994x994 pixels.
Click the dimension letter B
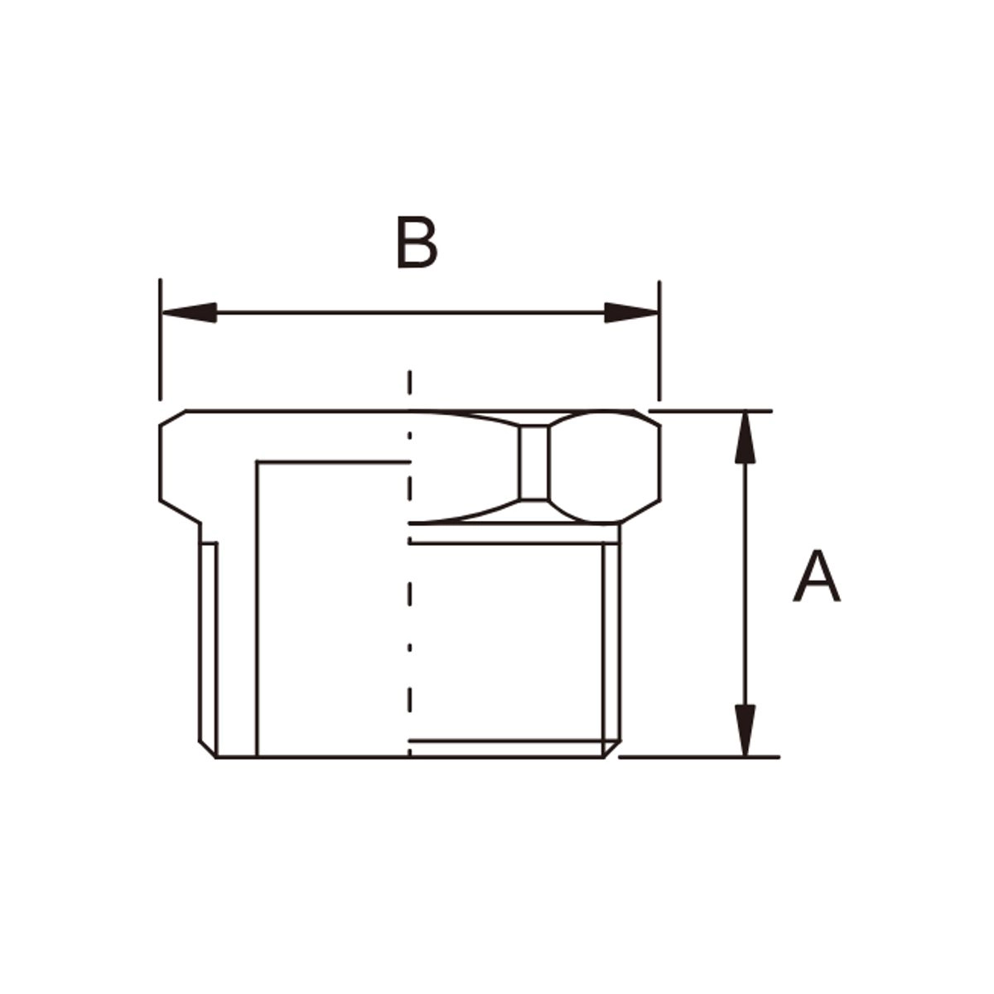click(417, 242)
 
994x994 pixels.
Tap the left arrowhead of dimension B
click(189, 312)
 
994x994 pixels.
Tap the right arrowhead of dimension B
click(631, 312)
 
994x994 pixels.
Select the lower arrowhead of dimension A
click(745, 731)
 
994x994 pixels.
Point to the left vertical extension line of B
click(161, 340)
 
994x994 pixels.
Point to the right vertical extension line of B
click(659, 340)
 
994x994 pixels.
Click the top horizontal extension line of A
click(710, 411)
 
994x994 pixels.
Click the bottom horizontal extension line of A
click(699, 757)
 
